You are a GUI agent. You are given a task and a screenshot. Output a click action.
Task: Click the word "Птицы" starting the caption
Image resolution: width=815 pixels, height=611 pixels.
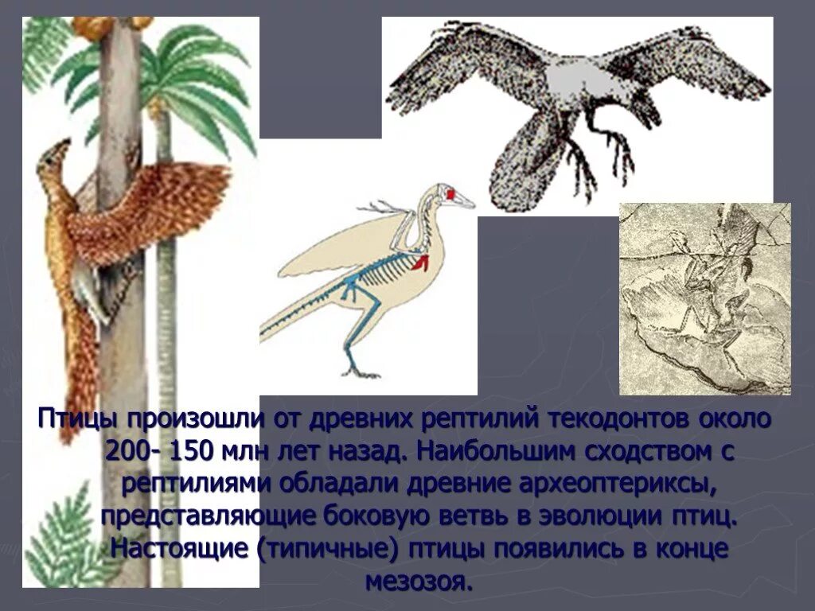(76, 419)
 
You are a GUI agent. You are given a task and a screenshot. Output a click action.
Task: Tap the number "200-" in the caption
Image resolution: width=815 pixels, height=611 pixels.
(134, 451)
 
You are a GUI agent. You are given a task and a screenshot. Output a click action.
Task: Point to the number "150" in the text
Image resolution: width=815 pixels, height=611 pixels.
(189, 451)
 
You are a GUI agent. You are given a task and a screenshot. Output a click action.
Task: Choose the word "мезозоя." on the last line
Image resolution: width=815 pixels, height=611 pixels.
(419, 582)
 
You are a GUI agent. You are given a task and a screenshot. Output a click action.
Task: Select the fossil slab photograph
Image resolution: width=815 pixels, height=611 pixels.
(704, 298)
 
